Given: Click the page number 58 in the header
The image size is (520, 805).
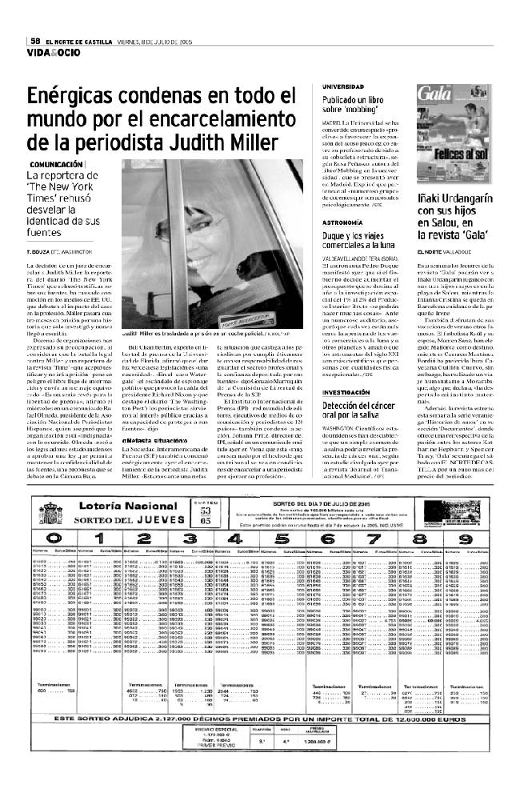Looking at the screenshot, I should point(36,42).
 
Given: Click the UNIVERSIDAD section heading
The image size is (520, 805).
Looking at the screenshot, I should point(344,86).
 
